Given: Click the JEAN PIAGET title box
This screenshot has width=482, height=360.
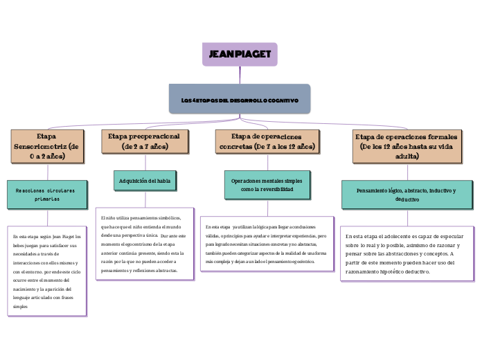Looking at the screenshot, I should (240, 54).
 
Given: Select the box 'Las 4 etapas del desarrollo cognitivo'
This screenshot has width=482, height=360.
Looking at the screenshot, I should (240, 100).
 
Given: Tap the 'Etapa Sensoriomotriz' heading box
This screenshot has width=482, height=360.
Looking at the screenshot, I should (47, 146).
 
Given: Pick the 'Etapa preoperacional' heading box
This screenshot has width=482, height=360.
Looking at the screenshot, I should (145, 141).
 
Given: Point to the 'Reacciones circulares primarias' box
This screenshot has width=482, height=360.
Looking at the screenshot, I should (46, 194).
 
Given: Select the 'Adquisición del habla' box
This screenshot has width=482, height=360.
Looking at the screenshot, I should (145, 181).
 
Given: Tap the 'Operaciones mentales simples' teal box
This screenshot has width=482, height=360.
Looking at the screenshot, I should (267, 184).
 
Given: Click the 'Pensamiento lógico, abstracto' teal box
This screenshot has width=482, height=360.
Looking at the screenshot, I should (407, 195).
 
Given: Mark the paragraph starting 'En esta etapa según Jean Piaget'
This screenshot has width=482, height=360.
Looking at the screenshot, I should (47, 271).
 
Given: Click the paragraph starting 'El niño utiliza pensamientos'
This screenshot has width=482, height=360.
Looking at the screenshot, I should (143, 244).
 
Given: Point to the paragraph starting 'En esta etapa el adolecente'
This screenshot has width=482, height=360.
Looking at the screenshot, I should (407, 253).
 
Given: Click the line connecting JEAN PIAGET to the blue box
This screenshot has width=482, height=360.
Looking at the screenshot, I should (240, 75).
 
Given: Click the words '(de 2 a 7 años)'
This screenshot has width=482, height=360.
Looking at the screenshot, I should (145, 147).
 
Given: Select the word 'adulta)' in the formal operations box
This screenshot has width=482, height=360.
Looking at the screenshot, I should (407, 156).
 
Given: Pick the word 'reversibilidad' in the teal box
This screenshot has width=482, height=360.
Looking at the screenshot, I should (277, 189).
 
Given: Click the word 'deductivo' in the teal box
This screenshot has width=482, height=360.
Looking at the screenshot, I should (407, 199).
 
